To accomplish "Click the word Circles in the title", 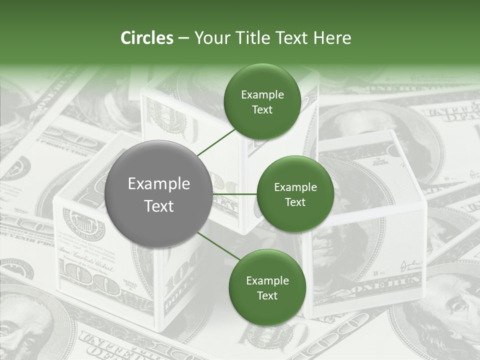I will tap(146, 38).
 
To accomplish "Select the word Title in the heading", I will tap(253, 38).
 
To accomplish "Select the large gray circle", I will tap(158, 194).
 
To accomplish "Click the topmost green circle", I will tap(262, 102).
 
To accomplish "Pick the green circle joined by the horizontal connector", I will tap(295, 194).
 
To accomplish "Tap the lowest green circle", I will tap(267, 287).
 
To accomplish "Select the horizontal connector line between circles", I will tap(234, 194).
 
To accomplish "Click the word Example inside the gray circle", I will tap(159, 184).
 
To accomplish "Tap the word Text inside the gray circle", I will tap(159, 206).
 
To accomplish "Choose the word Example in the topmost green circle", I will tap(262, 95).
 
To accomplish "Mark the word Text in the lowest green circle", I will tap(267, 295).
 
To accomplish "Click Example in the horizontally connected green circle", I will tap(295, 187).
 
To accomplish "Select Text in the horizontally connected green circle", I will tap(295, 202).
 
